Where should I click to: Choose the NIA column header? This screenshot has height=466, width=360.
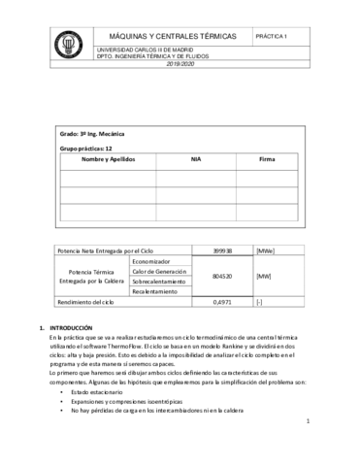pos(195,158)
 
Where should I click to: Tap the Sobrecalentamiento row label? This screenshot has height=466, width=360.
pos(160,282)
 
